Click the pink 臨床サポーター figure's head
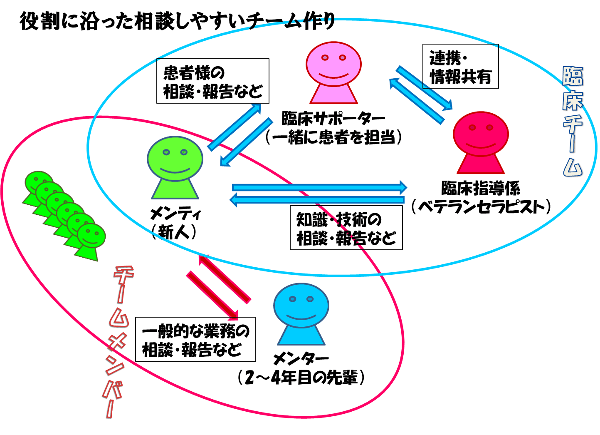[x=333, y=65]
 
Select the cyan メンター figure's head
[x=301, y=306]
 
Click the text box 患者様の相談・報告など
[x=212, y=81]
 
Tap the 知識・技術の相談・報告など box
[x=346, y=228]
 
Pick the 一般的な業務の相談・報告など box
[x=195, y=340]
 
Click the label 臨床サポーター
[x=333, y=119]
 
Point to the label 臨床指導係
[x=480, y=189]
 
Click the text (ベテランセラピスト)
[x=481, y=207]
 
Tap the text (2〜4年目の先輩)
[x=301, y=378]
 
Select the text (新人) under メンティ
[x=174, y=232]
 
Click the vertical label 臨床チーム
[x=573, y=121]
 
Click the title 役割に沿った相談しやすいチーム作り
[x=177, y=22]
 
